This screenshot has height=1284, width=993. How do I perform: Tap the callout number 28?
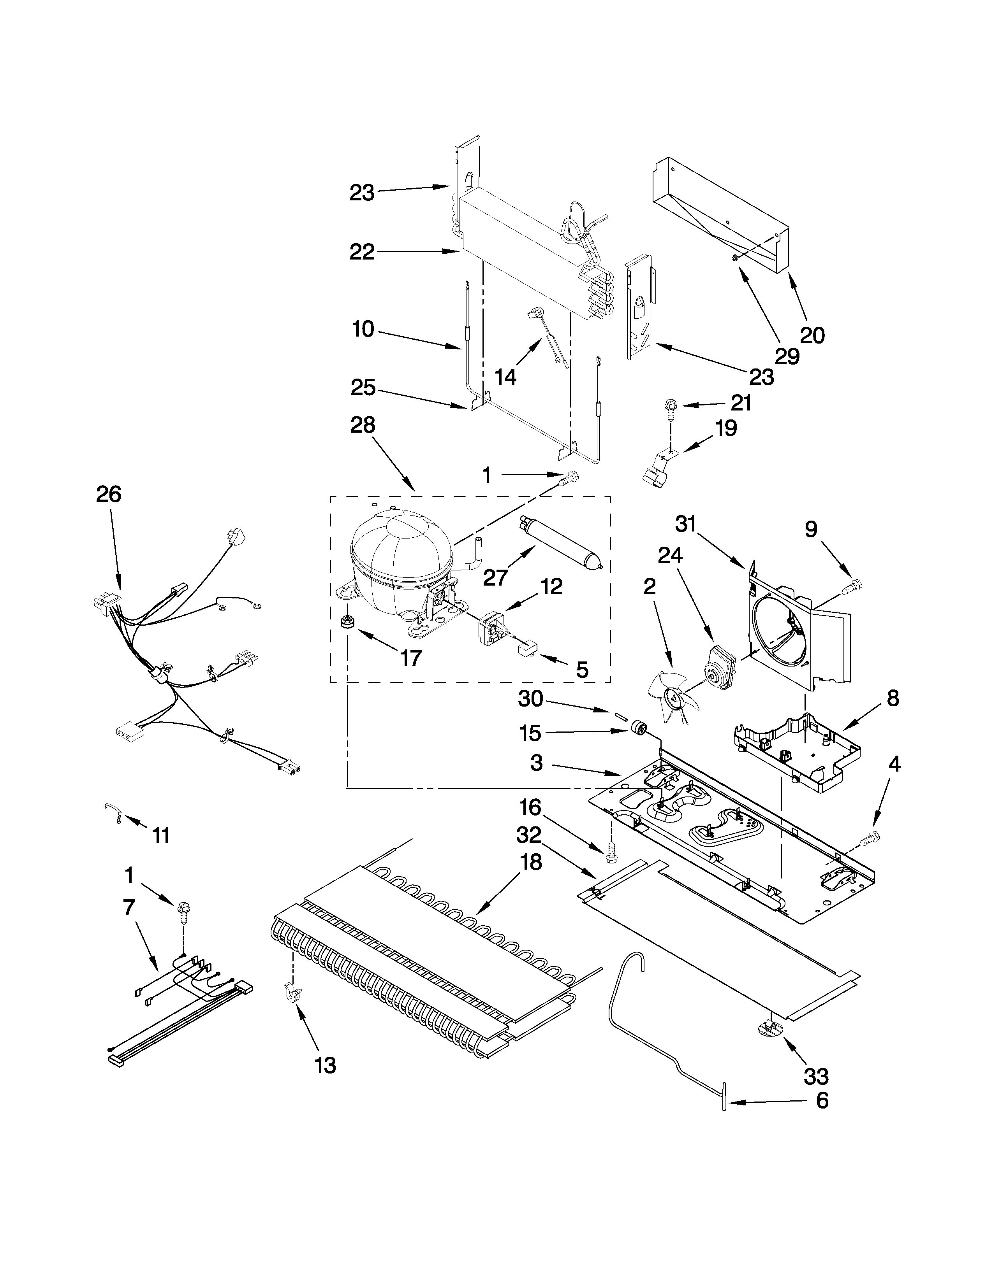click(363, 425)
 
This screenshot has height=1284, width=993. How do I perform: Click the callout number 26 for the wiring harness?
click(108, 495)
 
